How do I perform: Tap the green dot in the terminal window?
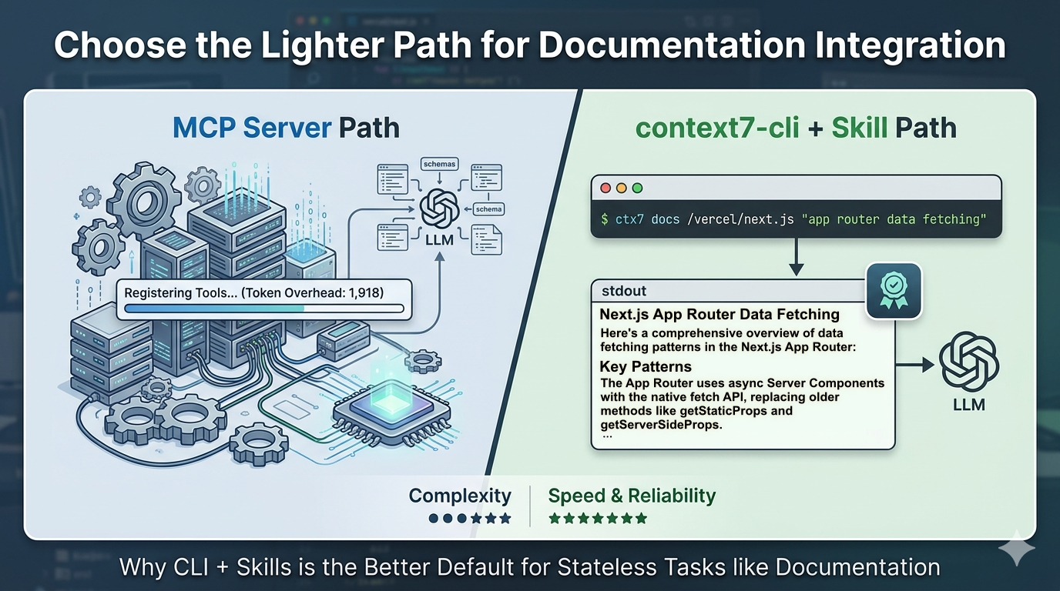636,188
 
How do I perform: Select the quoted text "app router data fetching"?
893,219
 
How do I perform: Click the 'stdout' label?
623,291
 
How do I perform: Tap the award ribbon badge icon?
893,292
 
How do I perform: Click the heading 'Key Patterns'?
646,366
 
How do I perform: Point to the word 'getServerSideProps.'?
662,424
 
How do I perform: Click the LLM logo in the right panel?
968,362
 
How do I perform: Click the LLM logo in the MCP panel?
439,209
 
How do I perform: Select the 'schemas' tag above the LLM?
439,164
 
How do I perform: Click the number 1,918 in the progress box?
364,292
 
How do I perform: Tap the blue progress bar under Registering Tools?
216,309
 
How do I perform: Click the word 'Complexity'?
460,496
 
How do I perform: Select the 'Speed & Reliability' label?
632,496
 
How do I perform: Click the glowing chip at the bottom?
392,416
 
